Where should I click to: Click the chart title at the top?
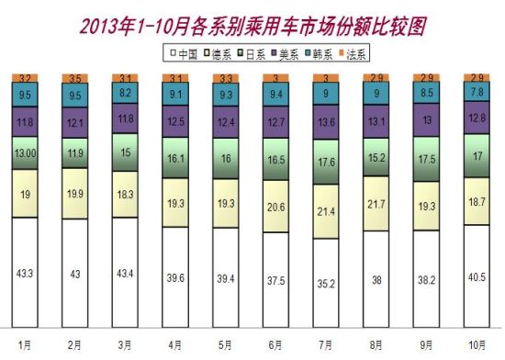click(x=252, y=20)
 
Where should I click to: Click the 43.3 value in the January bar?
click(x=25, y=275)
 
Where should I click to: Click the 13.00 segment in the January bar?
click(x=25, y=153)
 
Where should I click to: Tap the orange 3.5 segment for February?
click(x=75, y=78)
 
